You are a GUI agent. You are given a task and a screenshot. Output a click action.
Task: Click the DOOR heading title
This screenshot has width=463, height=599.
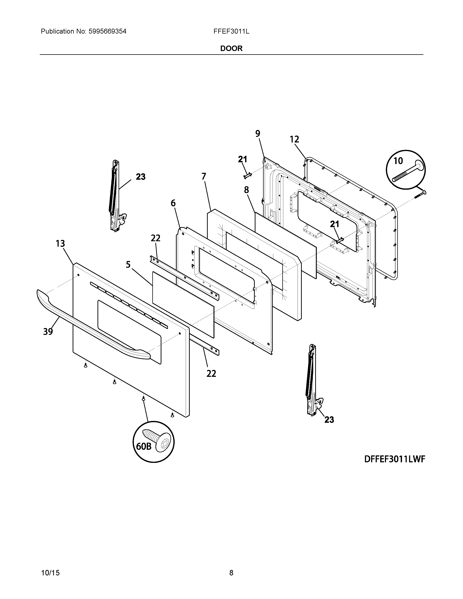(231, 48)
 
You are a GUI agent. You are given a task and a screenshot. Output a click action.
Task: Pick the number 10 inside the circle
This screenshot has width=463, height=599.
(398, 161)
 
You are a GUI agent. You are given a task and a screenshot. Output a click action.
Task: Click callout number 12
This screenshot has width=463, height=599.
(294, 139)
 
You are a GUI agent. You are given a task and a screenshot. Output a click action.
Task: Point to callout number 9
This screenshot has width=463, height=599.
(258, 134)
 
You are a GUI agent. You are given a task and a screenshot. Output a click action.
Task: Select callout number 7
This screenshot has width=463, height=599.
(204, 176)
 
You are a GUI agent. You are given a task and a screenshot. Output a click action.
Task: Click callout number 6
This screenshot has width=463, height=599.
(173, 203)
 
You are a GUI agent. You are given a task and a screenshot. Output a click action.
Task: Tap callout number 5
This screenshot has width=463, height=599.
(128, 265)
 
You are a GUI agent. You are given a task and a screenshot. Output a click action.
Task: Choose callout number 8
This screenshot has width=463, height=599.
(246, 190)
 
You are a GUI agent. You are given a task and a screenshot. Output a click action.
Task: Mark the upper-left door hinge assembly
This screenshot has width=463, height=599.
(116, 196)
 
